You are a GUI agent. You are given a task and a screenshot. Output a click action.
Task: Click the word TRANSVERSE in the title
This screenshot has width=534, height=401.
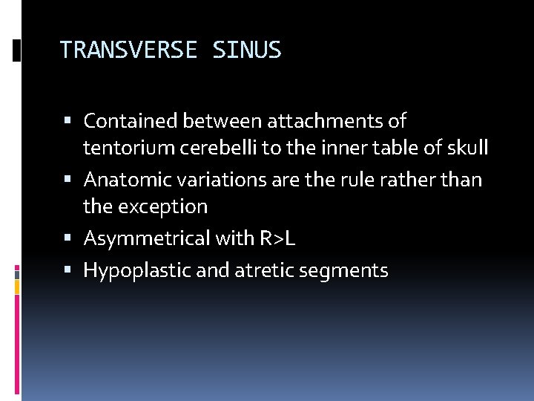128,50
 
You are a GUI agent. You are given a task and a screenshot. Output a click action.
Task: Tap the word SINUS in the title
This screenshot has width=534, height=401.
246,50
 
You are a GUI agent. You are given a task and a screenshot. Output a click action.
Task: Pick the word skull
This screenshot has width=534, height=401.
467,148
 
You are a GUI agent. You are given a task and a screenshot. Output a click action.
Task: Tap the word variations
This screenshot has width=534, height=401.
215,180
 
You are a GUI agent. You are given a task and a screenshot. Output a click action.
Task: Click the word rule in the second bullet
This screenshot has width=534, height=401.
361,180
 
